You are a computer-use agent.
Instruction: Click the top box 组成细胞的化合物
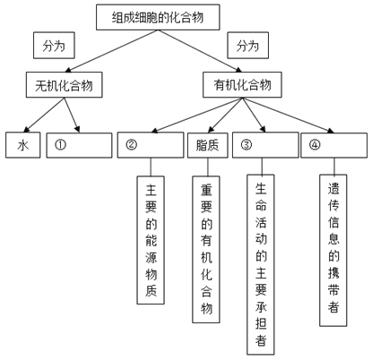[x=158, y=17]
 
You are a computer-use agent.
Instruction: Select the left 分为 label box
[x=54, y=46]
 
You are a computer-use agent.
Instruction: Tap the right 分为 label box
[x=247, y=46]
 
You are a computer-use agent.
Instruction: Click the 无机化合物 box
[x=65, y=85]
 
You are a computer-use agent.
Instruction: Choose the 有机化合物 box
[x=242, y=85]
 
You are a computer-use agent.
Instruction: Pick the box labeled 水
[x=23, y=145]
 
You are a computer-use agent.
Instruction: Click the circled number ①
[x=60, y=145]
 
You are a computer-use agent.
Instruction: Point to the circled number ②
[x=132, y=145]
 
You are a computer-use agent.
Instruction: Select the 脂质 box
[x=208, y=145]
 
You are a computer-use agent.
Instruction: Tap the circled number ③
[x=247, y=145]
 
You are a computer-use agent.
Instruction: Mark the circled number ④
[x=315, y=145]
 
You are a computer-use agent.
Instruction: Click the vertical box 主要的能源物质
[x=151, y=240]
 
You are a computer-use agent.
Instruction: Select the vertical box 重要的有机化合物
[x=206, y=249]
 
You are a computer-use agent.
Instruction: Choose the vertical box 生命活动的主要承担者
[x=261, y=264]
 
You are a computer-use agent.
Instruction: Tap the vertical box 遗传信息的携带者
[x=333, y=251]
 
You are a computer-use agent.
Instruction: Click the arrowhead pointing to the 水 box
[x=26, y=129]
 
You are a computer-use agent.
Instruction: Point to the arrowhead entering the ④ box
[x=330, y=130]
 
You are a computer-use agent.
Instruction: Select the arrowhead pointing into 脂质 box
[x=212, y=129]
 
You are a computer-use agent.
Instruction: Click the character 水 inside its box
[x=23, y=145]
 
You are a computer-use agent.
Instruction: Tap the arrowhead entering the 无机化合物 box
[x=68, y=70]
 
